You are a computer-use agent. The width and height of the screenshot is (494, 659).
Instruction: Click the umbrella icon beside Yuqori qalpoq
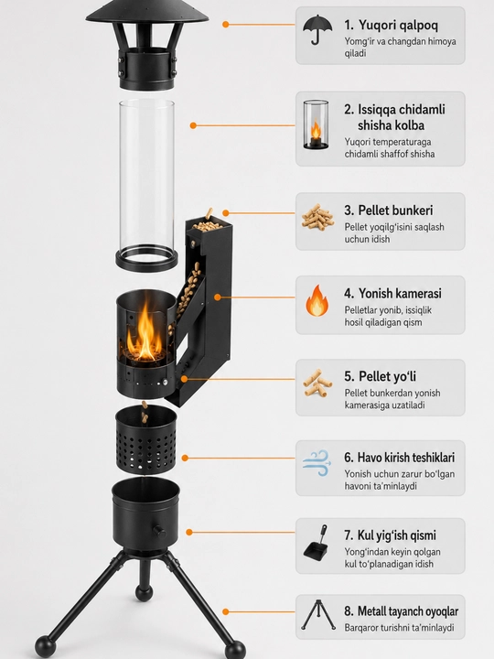pyautogui.click(x=317, y=29)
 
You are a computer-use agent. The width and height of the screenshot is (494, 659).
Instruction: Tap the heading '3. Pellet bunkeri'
pyautogui.click(x=389, y=211)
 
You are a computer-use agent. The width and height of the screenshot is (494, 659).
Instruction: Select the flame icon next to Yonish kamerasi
pyautogui.click(x=317, y=300)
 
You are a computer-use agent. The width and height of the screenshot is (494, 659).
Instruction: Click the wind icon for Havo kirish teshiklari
pyautogui.click(x=317, y=463)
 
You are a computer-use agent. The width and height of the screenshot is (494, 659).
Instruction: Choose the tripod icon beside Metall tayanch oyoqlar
pyautogui.click(x=318, y=615)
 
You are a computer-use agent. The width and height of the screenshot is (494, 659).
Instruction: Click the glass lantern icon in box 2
pyautogui.click(x=316, y=124)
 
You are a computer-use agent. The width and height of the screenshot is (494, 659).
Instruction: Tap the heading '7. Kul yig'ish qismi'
pyautogui.click(x=390, y=535)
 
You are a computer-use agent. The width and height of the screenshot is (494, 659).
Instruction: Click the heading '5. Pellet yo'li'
pyautogui.click(x=380, y=376)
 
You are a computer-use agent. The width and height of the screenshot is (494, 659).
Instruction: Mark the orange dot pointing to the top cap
pyautogui.click(x=226, y=25)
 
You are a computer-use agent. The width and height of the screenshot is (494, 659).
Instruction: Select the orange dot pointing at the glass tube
pyautogui.click(x=193, y=125)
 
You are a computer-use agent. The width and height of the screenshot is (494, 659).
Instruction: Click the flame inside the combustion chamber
pyautogui.click(x=145, y=332)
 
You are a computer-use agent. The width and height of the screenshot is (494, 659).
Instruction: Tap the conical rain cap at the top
pyautogui.click(x=147, y=12)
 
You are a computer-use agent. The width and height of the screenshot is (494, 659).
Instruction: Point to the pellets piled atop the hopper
pyautogui.click(x=208, y=223)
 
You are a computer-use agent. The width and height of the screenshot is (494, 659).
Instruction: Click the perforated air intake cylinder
pyautogui.click(x=145, y=439)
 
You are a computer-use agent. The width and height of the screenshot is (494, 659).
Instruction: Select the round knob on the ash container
pyautogui.click(x=159, y=530)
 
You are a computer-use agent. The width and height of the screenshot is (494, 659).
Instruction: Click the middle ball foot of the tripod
pyautogui.click(x=145, y=592)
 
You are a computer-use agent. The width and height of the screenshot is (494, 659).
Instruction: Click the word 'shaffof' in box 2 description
pyautogui.click(x=396, y=154)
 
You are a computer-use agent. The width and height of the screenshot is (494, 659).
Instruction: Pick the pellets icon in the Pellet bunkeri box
pyautogui.click(x=317, y=217)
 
